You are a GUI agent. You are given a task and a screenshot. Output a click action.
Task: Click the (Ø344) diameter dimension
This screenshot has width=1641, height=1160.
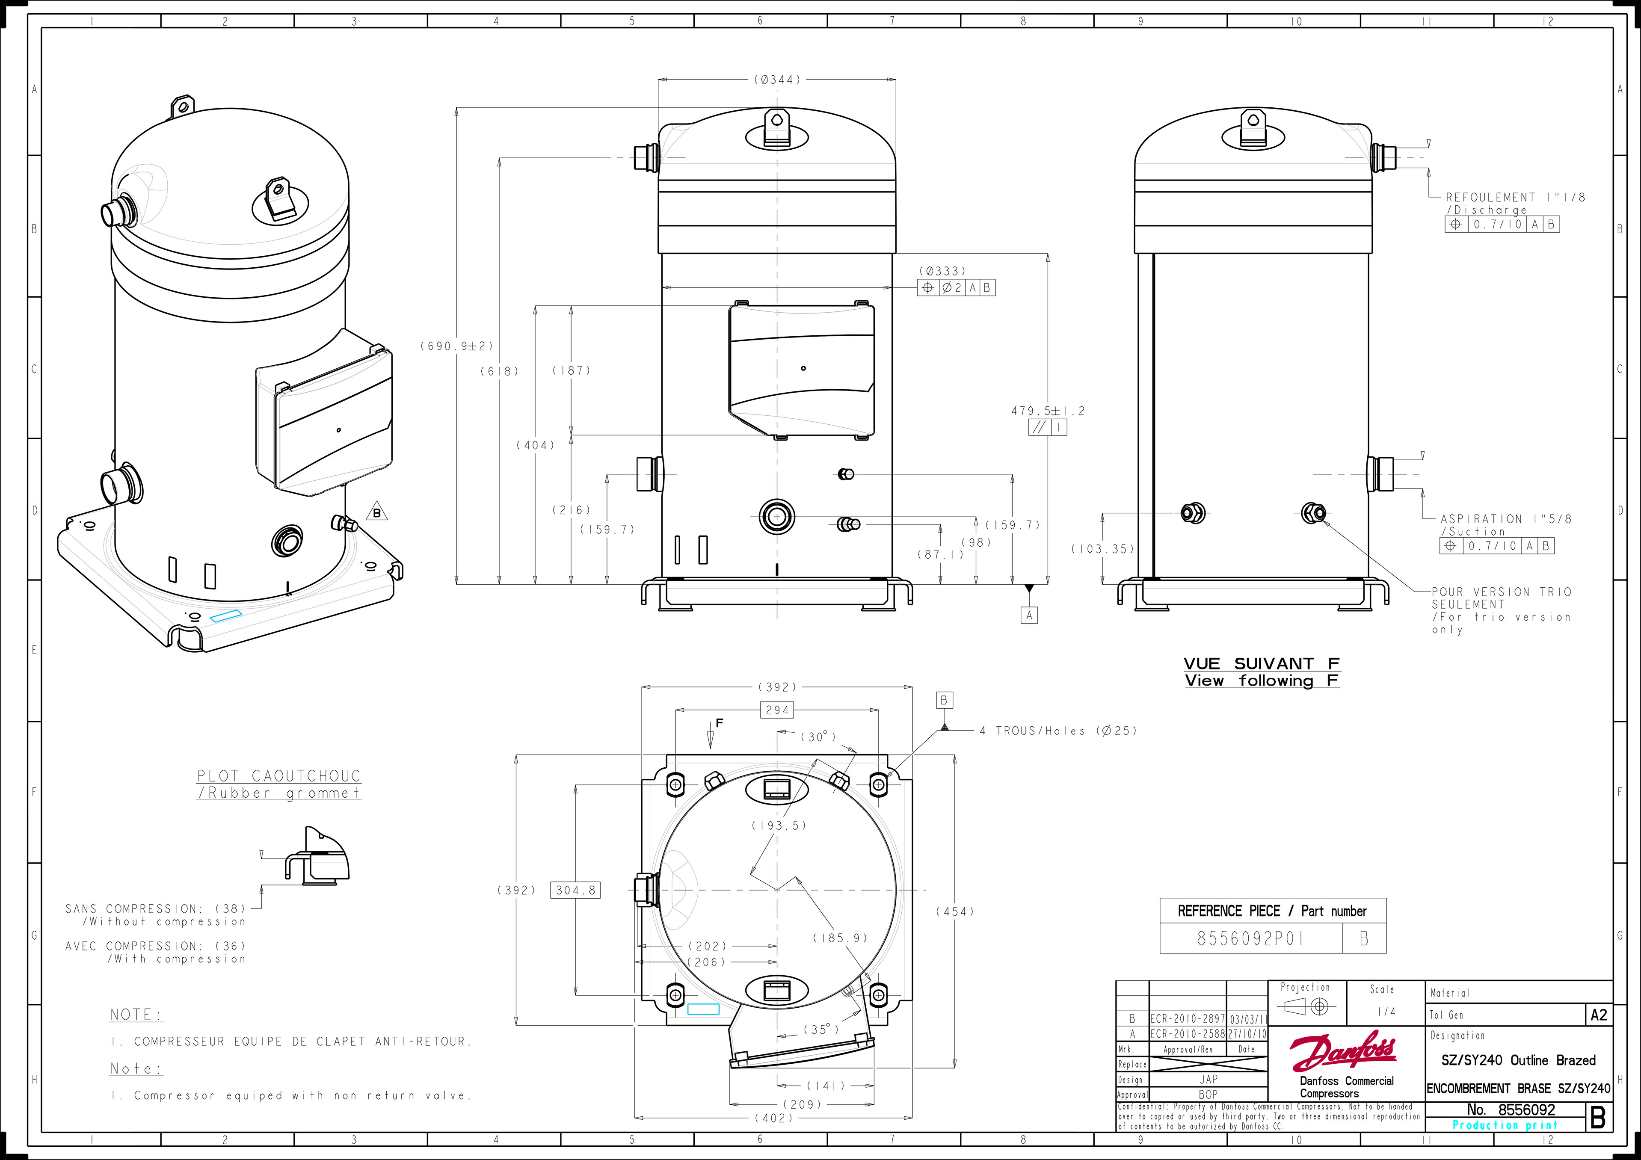pos(777,79)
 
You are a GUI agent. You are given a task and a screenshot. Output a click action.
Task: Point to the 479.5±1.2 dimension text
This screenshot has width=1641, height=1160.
pos(1048,411)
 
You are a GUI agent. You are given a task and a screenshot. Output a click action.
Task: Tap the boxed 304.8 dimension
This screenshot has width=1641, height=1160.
pos(575,890)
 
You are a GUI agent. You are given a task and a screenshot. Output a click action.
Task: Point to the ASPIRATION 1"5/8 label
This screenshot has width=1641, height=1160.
pos(1506,519)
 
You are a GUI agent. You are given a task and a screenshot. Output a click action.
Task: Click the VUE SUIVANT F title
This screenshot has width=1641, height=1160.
pos(1262,664)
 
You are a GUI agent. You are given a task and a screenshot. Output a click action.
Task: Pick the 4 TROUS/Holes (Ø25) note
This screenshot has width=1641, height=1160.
pos(1058,731)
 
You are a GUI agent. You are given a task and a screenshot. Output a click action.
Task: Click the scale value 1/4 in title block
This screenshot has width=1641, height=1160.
pos(1386,1011)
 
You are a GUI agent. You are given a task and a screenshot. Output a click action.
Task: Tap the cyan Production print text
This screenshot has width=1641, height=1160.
pos(1505,1125)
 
